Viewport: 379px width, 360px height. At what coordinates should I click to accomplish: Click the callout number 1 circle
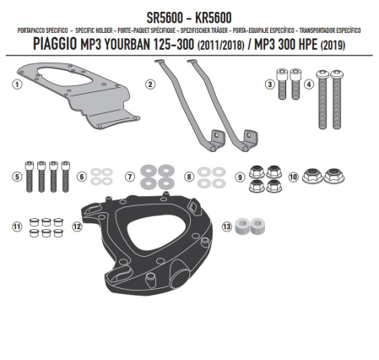[x=17, y=84]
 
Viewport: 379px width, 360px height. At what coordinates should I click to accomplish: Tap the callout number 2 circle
[x=149, y=84]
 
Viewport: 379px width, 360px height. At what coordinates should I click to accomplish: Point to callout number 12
[x=77, y=226]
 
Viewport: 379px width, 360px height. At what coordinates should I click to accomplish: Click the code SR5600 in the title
[x=160, y=16]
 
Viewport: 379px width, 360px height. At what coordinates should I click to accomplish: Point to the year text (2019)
[x=349, y=43]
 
